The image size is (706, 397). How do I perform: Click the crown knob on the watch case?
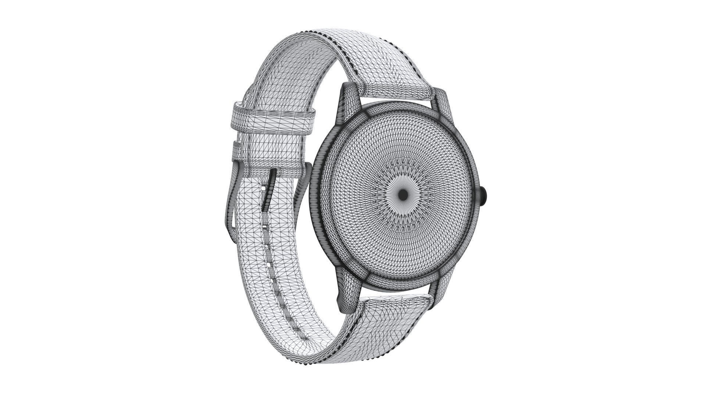pos(484,196)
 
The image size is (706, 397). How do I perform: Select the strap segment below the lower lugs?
pos(397,305)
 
